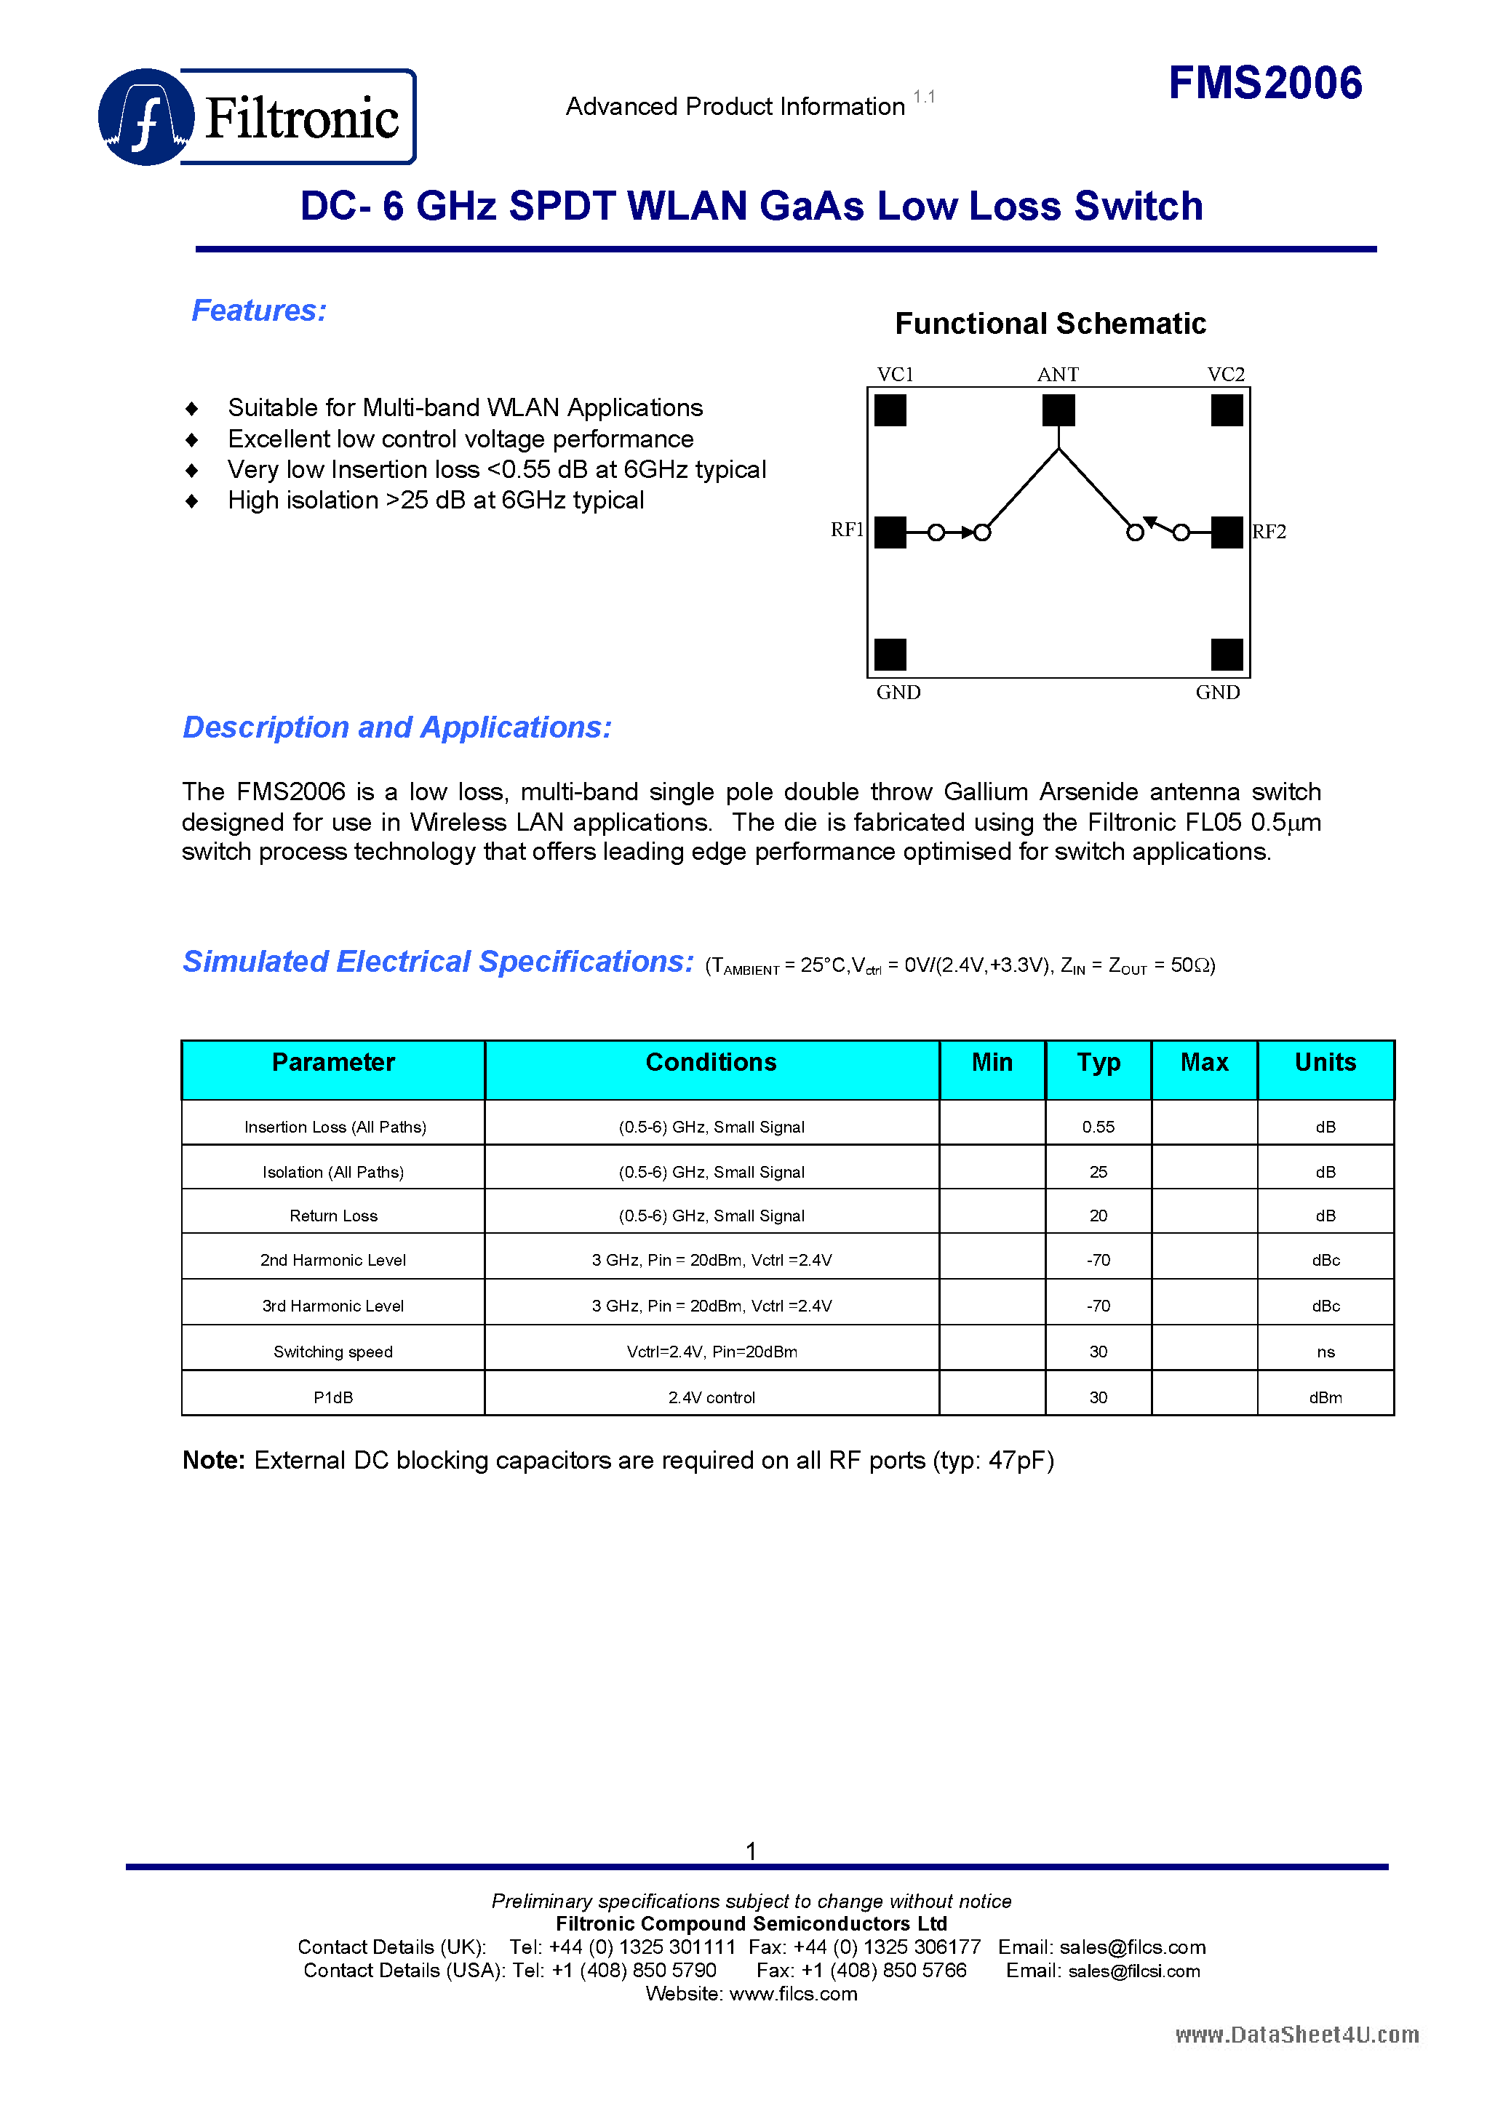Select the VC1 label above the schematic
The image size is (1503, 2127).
pyautogui.click(x=894, y=375)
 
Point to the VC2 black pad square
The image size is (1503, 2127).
pyautogui.click(x=1226, y=410)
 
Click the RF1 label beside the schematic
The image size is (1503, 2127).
pyautogui.click(x=846, y=529)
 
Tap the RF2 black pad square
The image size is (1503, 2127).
pyautogui.click(x=1226, y=532)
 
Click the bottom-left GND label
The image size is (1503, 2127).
pyautogui.click(x=898, y=692)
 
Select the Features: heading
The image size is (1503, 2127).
pyautogui.click(x=258, y=311)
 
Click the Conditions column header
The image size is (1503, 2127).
pyautogui.click(x=711, y=1063)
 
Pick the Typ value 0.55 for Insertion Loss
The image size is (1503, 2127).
pyautogui.click(x=1097, y=1127)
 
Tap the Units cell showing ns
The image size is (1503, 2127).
pyautogui.click(x=1325, y=1352)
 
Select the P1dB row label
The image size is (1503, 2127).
pyautogui.click(x=332, y=1397)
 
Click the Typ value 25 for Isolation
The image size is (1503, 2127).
pyautogui.click(x=1097, y=1172)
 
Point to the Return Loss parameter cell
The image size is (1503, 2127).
pyautogui.click(x=332, y=1216)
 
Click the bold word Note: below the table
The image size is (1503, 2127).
pyautogui.click(x=213, y=1460)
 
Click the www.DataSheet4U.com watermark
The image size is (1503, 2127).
pyautogui.click(x=1296, y=2035)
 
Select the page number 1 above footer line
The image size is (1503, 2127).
pyautogui.click(x=751, y=1851)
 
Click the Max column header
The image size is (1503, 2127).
pyautogui.click(x=1204, y=1063)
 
